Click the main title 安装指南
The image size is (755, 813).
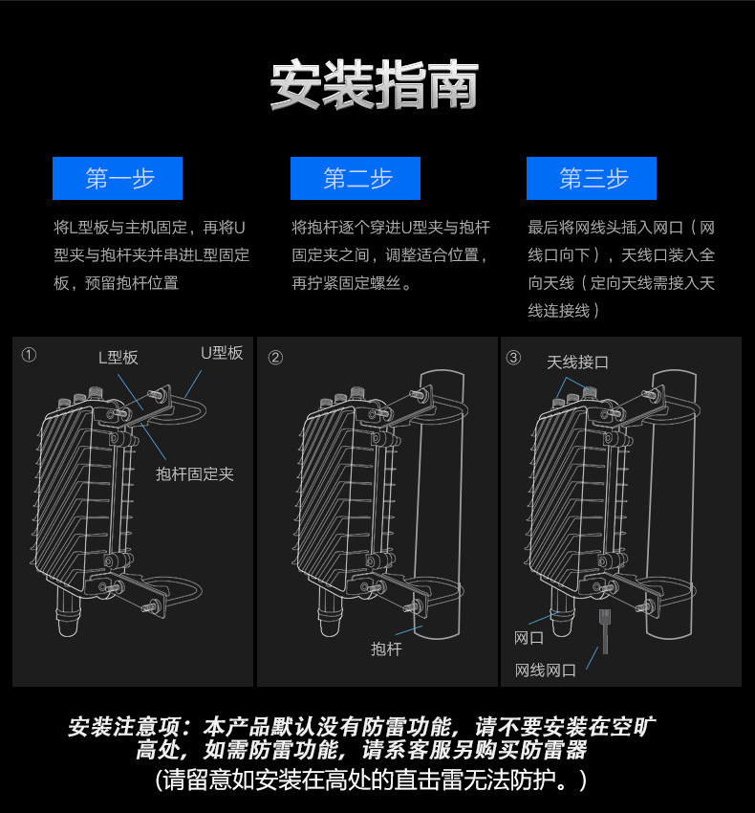point(374,87)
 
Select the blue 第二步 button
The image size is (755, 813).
point(356,179)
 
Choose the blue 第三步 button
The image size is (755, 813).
point(593,179)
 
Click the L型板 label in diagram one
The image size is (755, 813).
point(119,357)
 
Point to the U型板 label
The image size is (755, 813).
point(221,353)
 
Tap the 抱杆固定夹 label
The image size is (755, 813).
point(195,473)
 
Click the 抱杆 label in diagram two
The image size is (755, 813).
point(387,649)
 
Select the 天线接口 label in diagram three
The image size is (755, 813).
point(577,363)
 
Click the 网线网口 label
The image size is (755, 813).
point(546,670)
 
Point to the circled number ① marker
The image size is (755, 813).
point(29,356)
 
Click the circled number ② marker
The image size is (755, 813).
point(275,358)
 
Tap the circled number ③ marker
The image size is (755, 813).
point(513,358)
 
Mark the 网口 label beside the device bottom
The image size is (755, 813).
point(528,638)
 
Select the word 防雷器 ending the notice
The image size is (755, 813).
point(556,750)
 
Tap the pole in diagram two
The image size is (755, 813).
point(443,497)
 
